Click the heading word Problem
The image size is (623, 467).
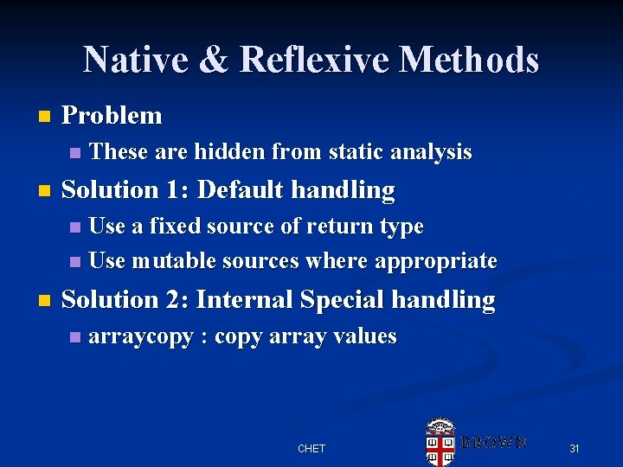pyautogui.click(x=112, y=115)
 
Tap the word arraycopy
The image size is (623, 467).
pyautogui.click(x=141, y=336)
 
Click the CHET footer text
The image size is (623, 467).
pyautogui.click(x=311, y=449)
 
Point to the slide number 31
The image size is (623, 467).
pyautogui.click(x=573, y=449)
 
